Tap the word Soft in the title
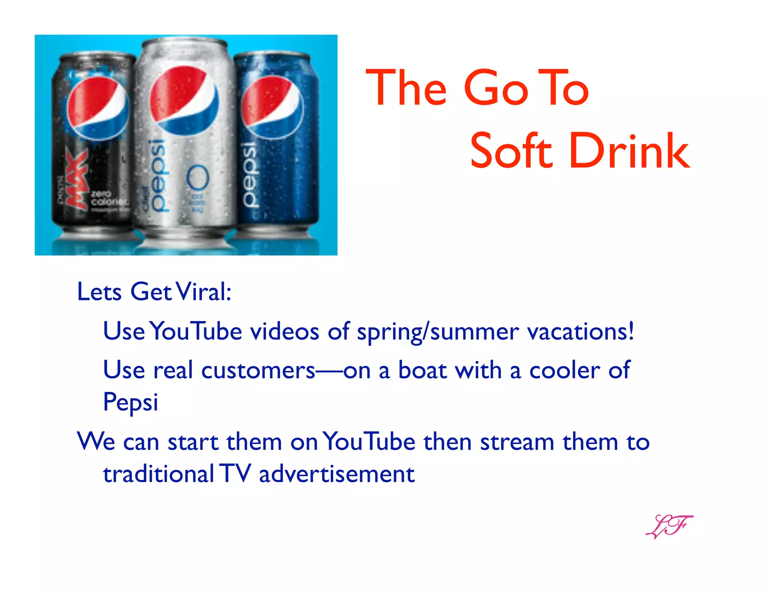pyautogui.click(x=511, y=151)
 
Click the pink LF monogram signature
pyautogui.click(x=669, y=526)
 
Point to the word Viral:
pyautogui.click(x=204, y=292)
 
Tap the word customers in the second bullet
pyautogui.click(x=258, y=370)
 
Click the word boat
pyautogui.click(x=422, y=370)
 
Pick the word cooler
pyautogui.click(x=565, y=370)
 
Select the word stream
pyautogui.click(x=517, y=442)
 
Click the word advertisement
pyautogui.click(x=337, y=474)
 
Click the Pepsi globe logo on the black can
pyautogui.click(x=98, y=109)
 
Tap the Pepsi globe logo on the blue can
pyautogui.click(x=272, y=107)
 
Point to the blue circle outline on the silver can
pyautogui.click(x=198, y=177)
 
